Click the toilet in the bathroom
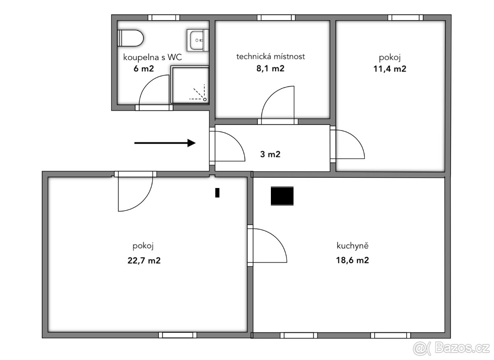tap(130, 38)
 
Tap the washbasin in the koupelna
tap(198, 40)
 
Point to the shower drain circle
tap(205, 100)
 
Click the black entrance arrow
tap(165, 143)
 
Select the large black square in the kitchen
tap(282, 196)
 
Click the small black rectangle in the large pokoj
tap(217, 193)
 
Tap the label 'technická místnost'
tap(270, 57)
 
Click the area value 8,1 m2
tap(270, 69)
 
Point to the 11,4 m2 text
tap(390, 69)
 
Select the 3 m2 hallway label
tap(270, 154)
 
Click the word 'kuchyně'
tap(352, 246)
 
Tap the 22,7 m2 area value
tap(144, 260)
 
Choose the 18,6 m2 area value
tap(352, 260)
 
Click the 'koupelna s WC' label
tap(152, 57)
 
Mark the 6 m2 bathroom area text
tap(144, 69)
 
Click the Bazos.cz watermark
tap(451, 348)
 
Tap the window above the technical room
tap(276, 18)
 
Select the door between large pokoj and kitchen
tap(267, 245)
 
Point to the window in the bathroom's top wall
tap(164, 18)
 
